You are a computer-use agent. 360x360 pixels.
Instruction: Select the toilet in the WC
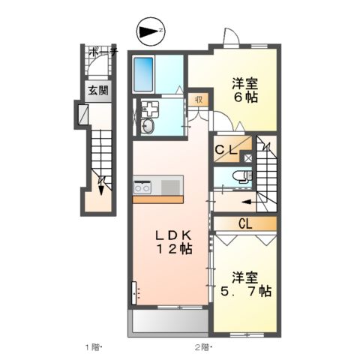coord(241,177)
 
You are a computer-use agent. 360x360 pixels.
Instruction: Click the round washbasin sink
coord(147,125)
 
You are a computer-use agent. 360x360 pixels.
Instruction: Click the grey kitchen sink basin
coord(169,185)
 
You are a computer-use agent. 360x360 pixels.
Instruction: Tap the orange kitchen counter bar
coord(157,199)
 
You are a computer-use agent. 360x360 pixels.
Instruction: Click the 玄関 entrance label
coord(94,91)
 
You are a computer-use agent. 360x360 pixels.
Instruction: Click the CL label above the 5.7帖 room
coord(244,223)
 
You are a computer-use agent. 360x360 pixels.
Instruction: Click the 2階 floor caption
coord(202,347)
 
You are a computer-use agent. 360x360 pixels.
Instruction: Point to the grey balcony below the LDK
coord(169,322)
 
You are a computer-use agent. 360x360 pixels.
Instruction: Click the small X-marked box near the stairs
coord(248,158)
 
